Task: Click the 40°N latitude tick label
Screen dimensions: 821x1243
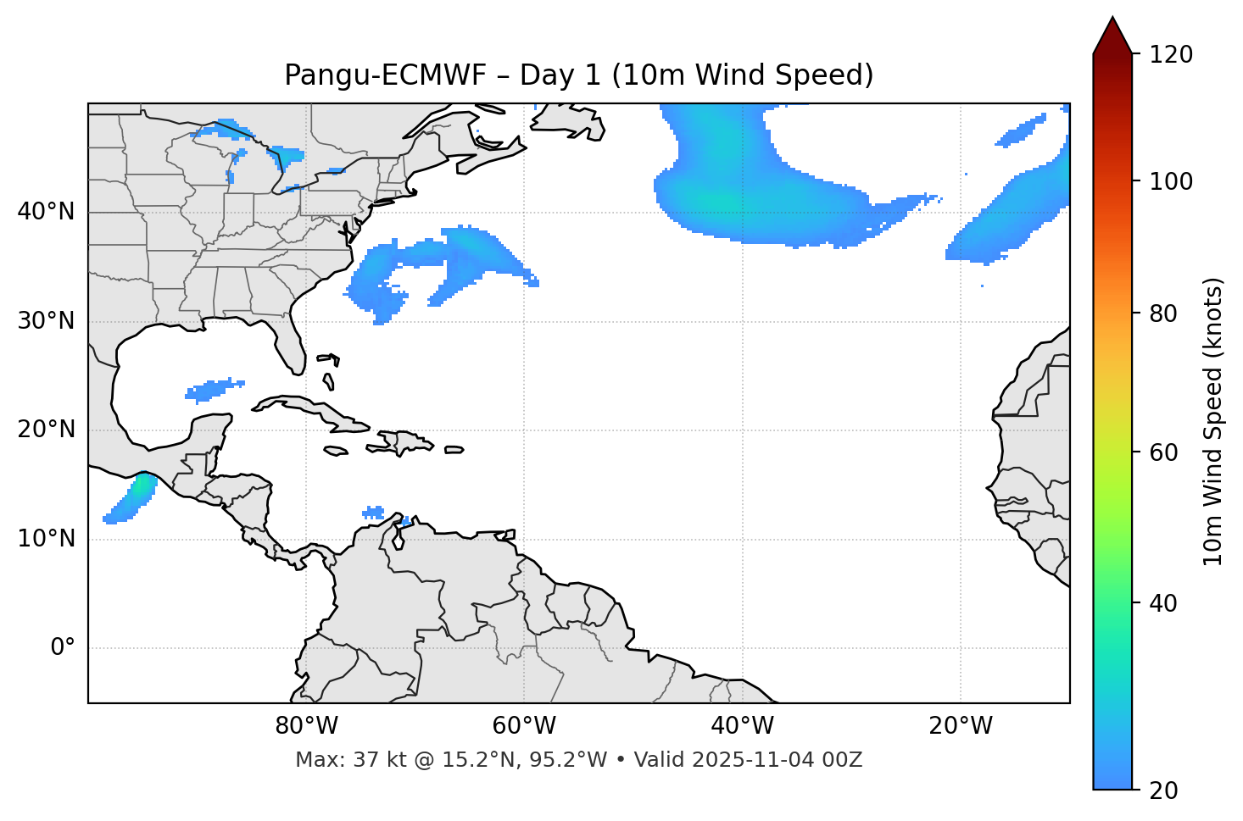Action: [46, 212]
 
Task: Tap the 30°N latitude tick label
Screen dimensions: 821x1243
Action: [46, 321]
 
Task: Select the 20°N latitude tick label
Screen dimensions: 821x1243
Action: [46, 430]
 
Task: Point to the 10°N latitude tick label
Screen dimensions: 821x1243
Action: [46, 539]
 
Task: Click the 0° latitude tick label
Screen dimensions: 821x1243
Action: [63, 648]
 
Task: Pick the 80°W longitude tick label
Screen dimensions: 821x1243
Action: [306, 726]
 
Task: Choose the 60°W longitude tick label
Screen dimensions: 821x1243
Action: [524, 726]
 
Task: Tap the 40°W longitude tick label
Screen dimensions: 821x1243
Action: [742, 726]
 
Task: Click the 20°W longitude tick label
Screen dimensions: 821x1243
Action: [960, 726]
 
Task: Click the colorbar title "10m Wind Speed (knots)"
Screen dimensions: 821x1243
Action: [1213, 421]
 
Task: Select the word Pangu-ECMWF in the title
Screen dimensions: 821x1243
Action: [385, 75]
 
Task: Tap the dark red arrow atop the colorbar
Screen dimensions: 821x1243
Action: [1112, 36]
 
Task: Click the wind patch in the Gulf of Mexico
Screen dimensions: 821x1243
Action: [214, 390]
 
